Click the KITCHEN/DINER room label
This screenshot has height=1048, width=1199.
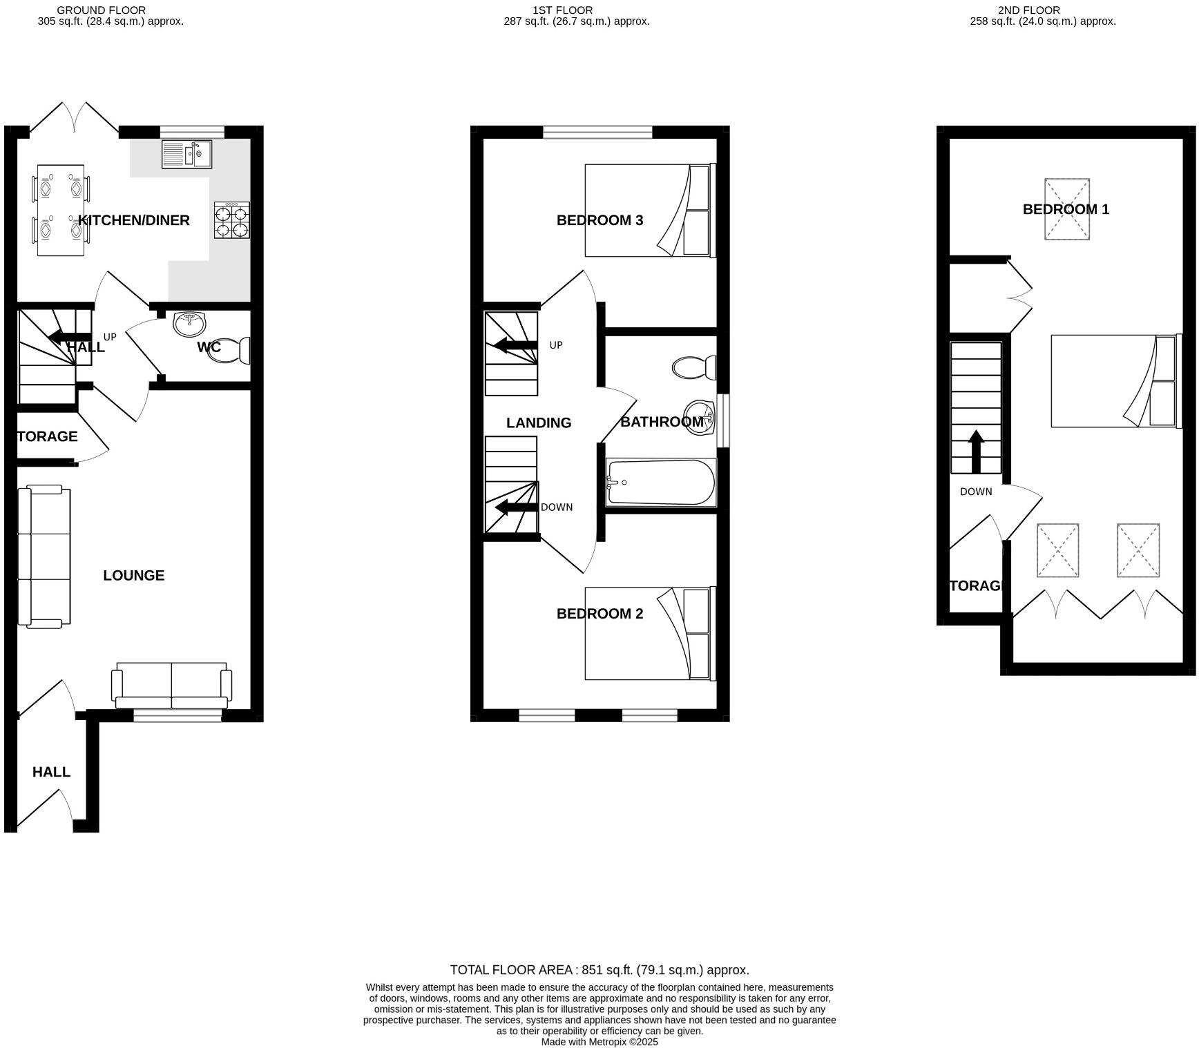[x=133, y=220]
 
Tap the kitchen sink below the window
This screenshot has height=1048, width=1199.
[x=186, y=154]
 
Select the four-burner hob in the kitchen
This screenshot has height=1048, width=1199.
[x=232, y=220]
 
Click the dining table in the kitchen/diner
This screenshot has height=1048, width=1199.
[x=61, y=210]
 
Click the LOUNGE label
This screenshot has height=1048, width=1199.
[x=133, y=575]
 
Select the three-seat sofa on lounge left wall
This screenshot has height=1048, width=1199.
[x=44, y=556]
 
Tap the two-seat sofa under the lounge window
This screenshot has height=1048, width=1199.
[x=171, y=686]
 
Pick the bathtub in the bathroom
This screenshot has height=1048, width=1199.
[x=660, y=483]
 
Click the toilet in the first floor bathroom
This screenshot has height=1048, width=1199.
[x=693, y=367]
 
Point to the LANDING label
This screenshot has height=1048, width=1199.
[x=538, y=423]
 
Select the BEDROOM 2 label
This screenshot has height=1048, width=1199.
[x=599, y=614]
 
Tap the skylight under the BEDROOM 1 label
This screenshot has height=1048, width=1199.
[x=1066, y=209]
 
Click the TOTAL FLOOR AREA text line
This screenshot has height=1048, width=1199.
[x=599, y=969]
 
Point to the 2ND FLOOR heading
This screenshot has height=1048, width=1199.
[x=1028, y=10]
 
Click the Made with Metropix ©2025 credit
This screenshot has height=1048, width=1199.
[x=599, y=1042]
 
